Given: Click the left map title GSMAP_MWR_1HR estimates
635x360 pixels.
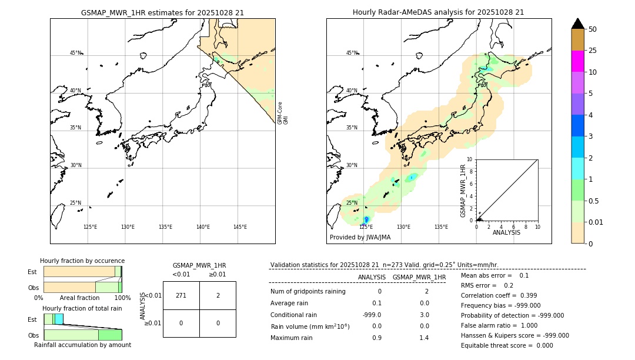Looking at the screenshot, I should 162,12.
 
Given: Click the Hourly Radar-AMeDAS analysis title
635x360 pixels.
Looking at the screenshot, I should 438,12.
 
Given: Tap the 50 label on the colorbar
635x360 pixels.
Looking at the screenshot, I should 593,29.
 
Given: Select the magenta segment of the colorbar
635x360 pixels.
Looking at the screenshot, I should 577,61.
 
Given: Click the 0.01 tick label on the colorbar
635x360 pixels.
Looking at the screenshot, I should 596,222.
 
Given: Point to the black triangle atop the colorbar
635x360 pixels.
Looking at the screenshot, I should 577,24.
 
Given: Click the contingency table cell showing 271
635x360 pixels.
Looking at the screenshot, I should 181,295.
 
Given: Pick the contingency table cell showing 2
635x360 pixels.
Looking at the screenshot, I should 218,295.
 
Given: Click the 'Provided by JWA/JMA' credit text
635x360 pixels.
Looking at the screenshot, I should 360,238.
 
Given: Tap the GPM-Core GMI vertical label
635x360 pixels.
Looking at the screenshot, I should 283,113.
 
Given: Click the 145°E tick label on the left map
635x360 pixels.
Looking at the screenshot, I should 240,227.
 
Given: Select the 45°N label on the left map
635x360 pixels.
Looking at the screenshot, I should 76,53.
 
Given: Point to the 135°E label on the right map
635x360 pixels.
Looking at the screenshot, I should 441,227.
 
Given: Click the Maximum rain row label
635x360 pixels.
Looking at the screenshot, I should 292,338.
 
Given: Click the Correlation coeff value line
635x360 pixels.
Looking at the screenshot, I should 499,295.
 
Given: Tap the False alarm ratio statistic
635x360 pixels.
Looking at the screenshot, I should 499,325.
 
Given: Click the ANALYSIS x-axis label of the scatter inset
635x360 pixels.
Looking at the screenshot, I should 507,232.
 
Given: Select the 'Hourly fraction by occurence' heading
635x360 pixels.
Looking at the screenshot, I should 82,261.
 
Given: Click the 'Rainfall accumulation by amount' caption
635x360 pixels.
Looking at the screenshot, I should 82,345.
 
